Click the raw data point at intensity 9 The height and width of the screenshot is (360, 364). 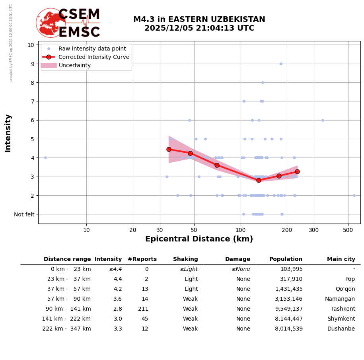tap(281, 64)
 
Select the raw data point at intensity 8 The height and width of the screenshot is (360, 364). tap(263, 83)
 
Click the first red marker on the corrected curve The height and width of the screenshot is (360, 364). tap(169, 149)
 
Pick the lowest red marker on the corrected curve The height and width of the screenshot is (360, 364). tap(259, 180)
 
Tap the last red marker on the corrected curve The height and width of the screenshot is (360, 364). tap(297, 171)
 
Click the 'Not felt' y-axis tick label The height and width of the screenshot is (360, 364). tap(24, 214)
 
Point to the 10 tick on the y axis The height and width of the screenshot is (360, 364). tap(31, 45)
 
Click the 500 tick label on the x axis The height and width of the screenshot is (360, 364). tap(348, 230)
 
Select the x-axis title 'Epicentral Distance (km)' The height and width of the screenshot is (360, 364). tap(199, 239)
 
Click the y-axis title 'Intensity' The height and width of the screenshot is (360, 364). tap(8, 133)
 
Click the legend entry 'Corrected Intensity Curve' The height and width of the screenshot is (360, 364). tap(94, 57)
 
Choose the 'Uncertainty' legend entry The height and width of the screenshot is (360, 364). tap(75, 65)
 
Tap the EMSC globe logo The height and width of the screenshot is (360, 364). tap(51, 23)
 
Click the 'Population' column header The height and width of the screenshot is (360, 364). tap(286, 259)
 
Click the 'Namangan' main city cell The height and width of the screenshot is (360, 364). tap(340, 299)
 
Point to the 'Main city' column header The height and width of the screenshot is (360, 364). tap(341, 259)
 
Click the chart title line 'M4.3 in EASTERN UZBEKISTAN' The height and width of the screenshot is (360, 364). tap(199, 19)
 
